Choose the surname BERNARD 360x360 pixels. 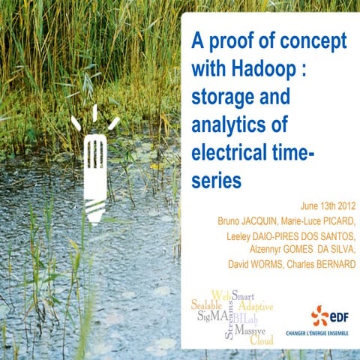[334, 264]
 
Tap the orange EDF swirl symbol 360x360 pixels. [319, 316]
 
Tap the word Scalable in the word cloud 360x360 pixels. [206, 306]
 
